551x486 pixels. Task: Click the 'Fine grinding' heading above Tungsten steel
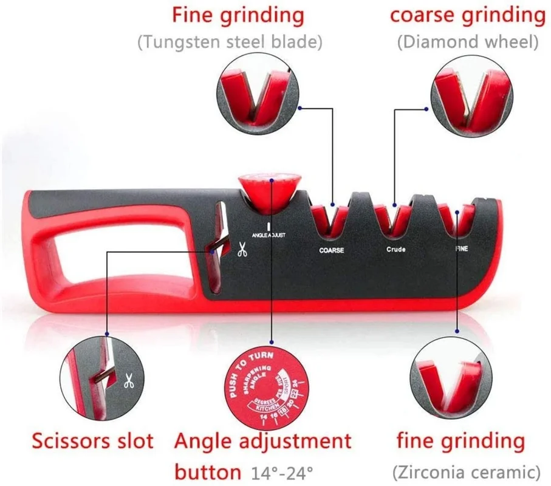click(238, 15)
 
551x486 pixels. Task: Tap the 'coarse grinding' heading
click(467, 15)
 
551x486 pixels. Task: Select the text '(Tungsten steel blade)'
click(230, 43)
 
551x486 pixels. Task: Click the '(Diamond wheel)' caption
click(468, 43)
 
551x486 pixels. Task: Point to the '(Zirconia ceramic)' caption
click(467, 471)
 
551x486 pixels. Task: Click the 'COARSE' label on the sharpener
click(332, 250)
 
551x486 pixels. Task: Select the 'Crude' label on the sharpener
click(396, 250)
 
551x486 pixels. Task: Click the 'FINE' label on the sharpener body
click(462, 249)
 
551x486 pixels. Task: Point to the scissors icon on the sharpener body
click(242, 248)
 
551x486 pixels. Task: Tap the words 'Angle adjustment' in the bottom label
click(262, 440)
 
